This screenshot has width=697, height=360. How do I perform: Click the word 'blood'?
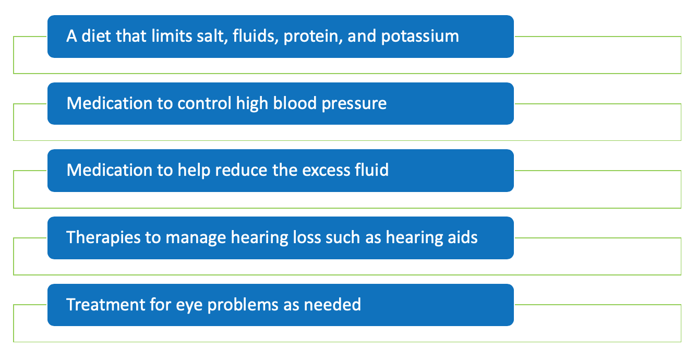click(295, 103)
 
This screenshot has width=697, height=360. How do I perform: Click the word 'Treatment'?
click(105, 304)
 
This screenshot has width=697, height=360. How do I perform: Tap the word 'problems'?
click(243, 305)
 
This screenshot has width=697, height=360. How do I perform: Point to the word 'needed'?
click(332, 304)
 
